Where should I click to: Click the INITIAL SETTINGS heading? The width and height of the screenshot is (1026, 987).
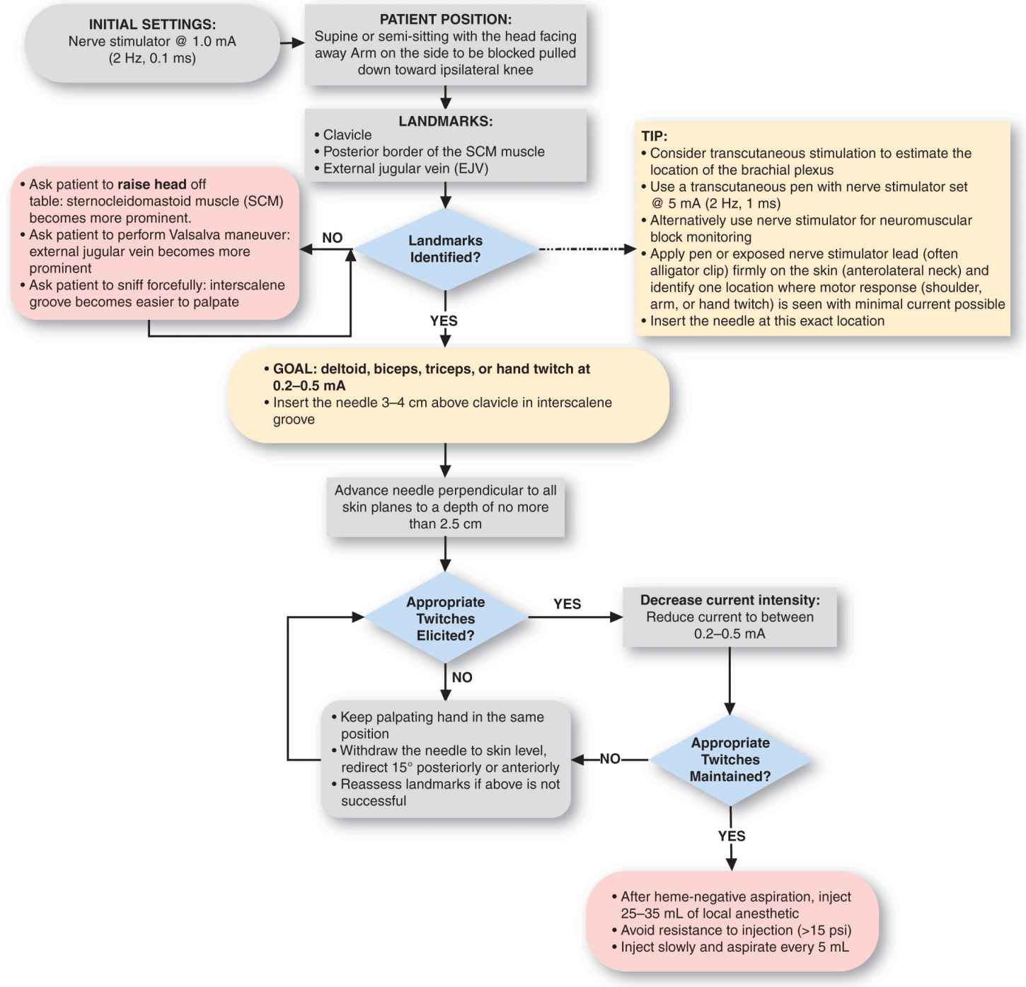[x=152, y=25]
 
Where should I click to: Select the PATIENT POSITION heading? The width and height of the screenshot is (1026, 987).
[x=445, y=20]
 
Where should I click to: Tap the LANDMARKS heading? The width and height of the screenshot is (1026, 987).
[x=445, y=121]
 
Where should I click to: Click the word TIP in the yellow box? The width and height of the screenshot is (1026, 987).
[x=654, y=136]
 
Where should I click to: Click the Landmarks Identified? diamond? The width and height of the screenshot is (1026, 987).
[x=445, y=249]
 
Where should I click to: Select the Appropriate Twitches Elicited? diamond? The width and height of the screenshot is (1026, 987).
[x=445, y=618]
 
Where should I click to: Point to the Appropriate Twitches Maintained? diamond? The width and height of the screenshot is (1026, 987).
[x=730, y=759]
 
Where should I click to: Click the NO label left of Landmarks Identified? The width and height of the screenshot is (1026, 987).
[x=332, y=238]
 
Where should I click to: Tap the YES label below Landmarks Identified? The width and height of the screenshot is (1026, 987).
[x=444, y=321]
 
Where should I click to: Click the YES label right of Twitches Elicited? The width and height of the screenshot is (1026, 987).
[x=567, y=604]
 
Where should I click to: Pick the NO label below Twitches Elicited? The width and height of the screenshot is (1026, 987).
[x=461, y=677]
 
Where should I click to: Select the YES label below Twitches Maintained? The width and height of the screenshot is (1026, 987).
[x=731, y=836]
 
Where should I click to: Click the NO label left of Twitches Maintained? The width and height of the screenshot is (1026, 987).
[x=609, y=759]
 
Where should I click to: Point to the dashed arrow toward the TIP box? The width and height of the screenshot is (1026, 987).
[x=587, y=249]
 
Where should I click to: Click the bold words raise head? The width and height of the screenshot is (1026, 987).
[x=151, y=184]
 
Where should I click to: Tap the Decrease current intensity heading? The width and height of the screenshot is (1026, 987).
[x=730, y=600]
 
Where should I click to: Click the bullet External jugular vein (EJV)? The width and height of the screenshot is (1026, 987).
[x=405, y=168]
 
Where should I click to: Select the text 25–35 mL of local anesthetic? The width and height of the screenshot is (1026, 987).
[x=709, y=913]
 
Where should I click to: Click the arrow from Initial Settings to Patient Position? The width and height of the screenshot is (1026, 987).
[x=292, y=43]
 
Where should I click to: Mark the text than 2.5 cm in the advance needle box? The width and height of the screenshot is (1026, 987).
[x=444, y=524]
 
